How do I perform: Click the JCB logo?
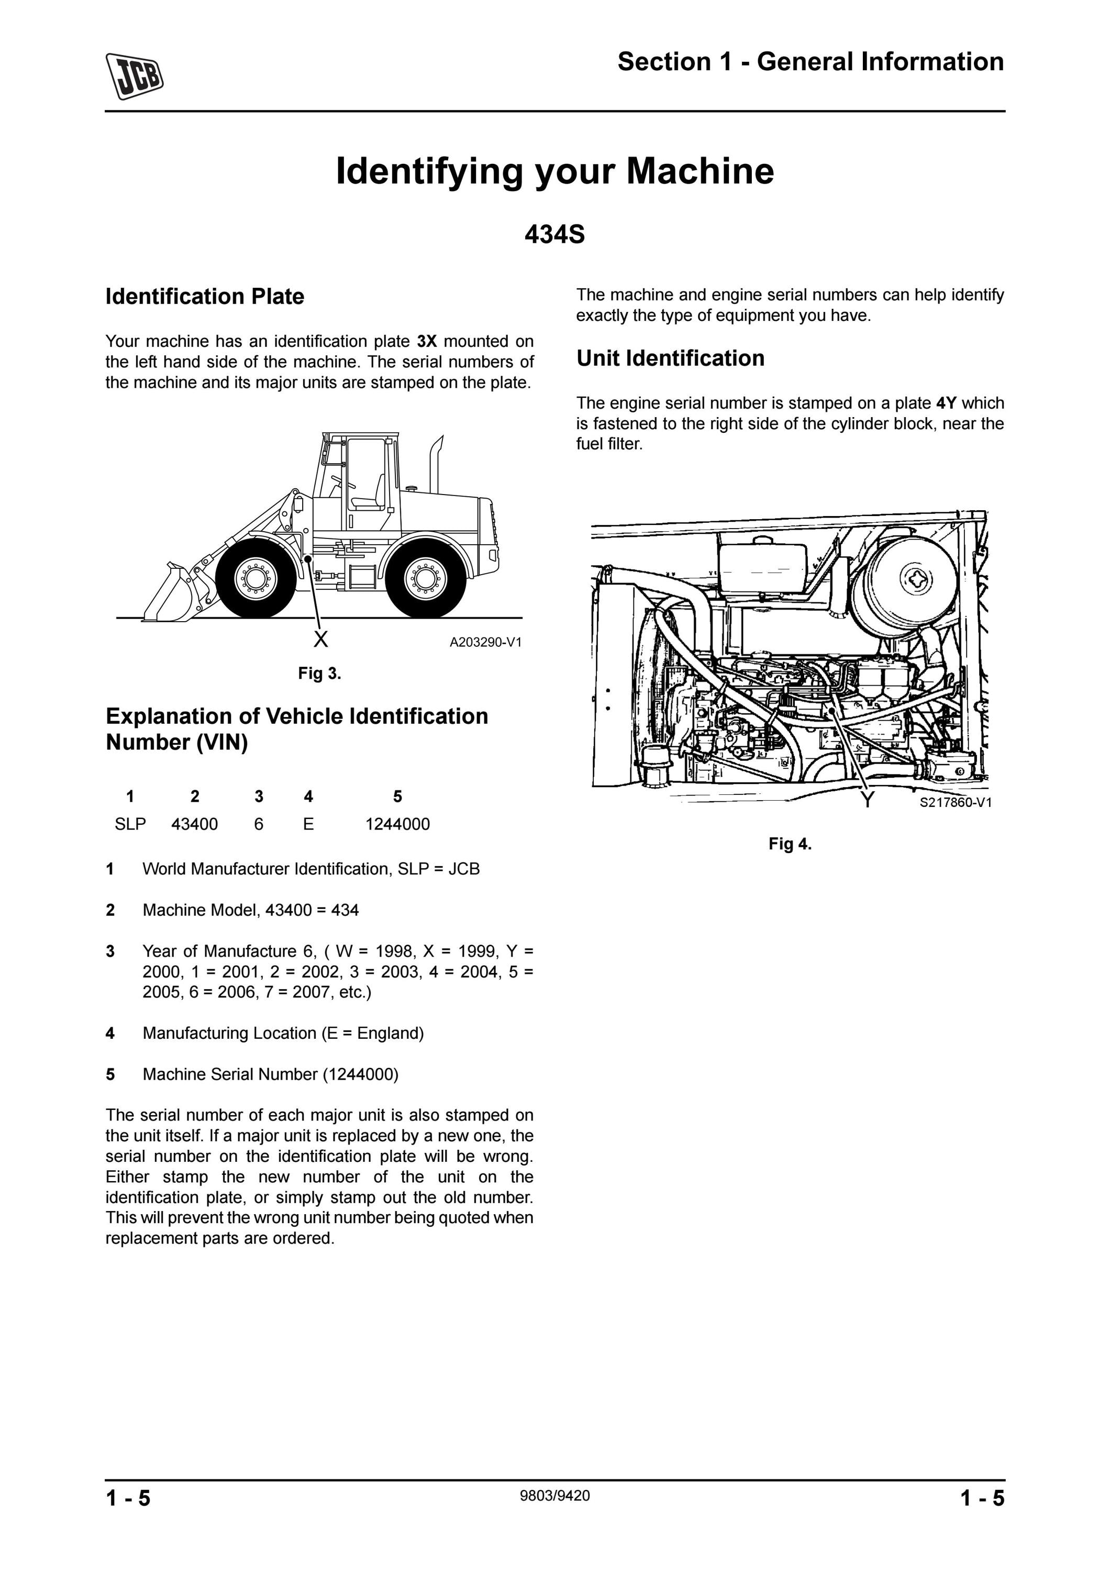point(135,76)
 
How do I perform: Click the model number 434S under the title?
point(554,234)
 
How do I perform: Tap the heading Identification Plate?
point(205,296)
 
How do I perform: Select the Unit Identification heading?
point(670,358)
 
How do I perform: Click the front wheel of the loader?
point(256,578)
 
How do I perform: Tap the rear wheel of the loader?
point(425,578)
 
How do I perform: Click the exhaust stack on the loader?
point(435,465)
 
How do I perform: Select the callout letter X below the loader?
point(320,640)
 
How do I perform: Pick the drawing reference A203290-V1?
point(485,642)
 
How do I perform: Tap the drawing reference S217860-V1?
point(956,802)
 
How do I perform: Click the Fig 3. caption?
point(319,674)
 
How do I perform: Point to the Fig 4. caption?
point(790,844)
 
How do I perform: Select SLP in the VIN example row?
point(130,824)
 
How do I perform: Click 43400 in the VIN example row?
point(194,824)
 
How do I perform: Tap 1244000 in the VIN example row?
point(397,824)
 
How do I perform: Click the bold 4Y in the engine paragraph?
point(947,403)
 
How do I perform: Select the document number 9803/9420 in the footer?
point(554,1496)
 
